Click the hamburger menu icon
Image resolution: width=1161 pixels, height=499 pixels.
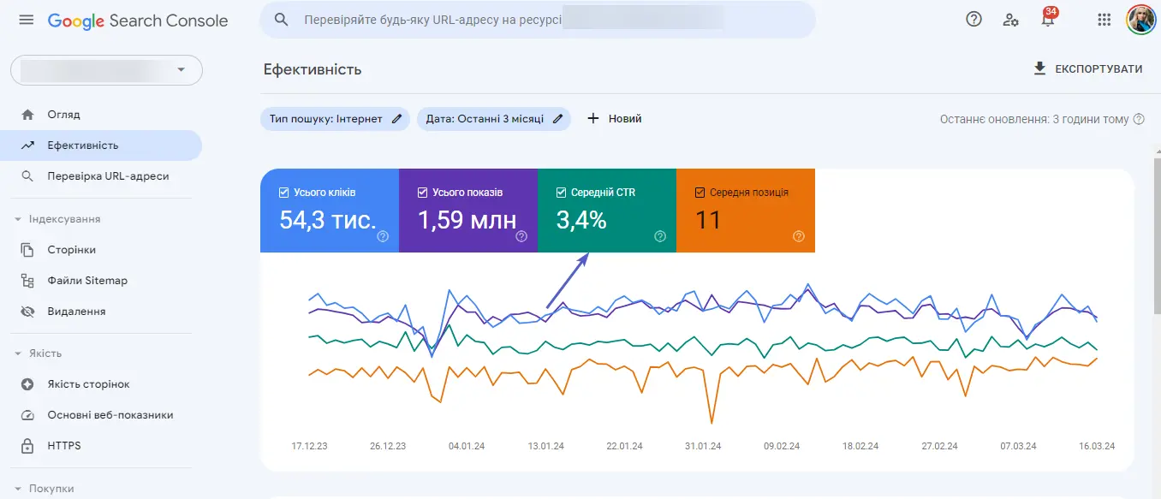pos(27,20)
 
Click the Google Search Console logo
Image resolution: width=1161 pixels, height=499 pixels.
pos(138,21)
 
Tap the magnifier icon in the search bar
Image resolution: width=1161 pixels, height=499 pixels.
pos(281,20)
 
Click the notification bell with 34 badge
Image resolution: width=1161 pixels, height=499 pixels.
pos(1048,20)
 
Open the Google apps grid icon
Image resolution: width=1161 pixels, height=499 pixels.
pos(1104,20)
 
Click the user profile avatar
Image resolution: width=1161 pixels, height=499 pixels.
pos(1141,20)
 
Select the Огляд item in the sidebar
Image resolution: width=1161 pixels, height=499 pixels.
pos(63,115)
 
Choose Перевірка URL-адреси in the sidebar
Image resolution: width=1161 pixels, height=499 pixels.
pos(108,176)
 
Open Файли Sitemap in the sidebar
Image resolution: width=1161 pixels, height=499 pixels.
pos(87,281)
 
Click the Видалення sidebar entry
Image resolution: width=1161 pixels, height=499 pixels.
pos(76,312)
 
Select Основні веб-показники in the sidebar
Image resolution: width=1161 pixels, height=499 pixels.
pos(110,415)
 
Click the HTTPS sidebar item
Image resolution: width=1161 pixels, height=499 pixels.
pos(64,446)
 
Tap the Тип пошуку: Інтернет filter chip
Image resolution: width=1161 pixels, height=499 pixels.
pos(335,119)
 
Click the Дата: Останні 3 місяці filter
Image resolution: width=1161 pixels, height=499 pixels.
pos(493,119)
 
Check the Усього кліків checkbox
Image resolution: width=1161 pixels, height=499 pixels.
pos(284,193)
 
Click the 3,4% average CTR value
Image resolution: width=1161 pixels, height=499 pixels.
pos(581,221)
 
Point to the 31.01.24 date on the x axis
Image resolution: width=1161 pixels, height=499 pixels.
pos(703,446)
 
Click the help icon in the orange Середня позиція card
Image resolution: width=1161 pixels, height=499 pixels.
pos(799,236)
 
